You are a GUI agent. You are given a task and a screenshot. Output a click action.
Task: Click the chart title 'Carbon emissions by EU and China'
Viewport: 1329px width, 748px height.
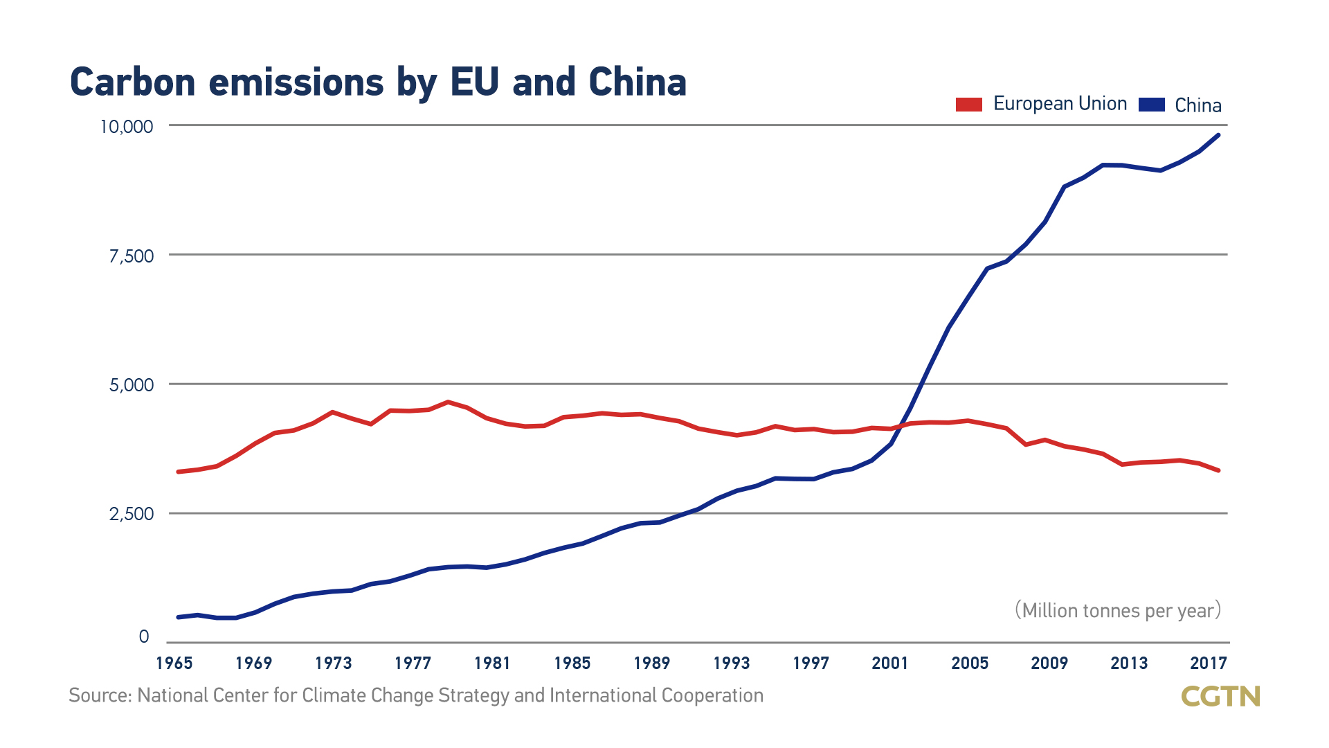pos(378,82)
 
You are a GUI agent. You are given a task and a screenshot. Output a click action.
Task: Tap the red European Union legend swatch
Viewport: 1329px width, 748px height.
pos(968,105)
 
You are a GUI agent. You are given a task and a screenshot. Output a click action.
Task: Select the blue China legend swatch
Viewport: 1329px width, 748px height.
pos(1151,105)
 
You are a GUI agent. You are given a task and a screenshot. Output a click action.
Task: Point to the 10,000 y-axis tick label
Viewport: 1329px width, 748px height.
pos(127,127)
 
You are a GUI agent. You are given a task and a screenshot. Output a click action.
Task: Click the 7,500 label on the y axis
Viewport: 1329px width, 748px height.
pos(132,256)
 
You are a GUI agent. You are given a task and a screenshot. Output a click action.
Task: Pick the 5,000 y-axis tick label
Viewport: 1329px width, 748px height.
pos(132,385)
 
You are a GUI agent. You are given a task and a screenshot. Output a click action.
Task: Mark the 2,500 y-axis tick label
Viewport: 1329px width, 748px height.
pos(132,514)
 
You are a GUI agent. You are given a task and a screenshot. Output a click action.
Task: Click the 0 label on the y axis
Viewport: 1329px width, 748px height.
pos(144,636)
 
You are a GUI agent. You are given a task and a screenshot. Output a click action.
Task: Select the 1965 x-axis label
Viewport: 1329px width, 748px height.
pos(174,664)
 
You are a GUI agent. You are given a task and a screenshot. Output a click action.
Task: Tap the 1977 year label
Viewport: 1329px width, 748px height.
pos(413,664)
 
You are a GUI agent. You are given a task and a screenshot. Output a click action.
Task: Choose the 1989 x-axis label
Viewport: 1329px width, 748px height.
pos(651,664)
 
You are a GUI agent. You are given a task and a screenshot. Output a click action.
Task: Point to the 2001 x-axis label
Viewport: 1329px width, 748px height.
pos(889,664)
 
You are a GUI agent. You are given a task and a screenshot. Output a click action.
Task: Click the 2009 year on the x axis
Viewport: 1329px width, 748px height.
pos(1049,664)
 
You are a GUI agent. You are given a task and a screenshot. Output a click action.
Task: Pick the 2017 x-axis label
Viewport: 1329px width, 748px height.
pos(1209,664)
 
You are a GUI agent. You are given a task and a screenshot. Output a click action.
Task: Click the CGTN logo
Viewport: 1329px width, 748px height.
pos(1220,696)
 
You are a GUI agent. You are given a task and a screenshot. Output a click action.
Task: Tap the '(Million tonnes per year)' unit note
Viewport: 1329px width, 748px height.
pos(1118,610)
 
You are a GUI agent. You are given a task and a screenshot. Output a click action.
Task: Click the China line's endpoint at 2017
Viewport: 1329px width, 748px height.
pos(1218,135)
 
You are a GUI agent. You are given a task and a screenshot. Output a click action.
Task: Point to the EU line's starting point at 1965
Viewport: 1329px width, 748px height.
pos(179,472)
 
